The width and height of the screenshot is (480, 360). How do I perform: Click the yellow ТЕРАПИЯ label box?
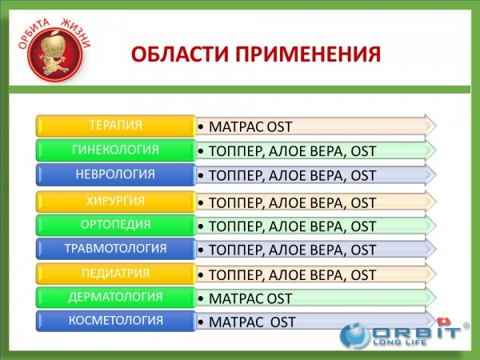(x=116, y=126)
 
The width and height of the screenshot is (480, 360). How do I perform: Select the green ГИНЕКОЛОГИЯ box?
(x=116, y=150)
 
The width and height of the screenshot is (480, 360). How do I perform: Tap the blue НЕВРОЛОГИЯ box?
(x=116, y=174)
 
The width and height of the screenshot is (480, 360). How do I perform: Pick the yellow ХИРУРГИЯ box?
(x=116, y=202)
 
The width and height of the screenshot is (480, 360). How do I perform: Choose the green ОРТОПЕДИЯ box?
(x=116, y=225)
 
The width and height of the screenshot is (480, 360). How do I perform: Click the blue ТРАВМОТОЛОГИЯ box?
(x=116, y=249)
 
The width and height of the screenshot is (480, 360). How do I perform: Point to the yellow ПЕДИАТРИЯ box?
(x=116, y=274)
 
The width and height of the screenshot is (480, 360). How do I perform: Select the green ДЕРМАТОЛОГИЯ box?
(x=116, y=297)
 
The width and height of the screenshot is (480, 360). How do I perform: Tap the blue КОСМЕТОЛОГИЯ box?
(x=116, y=321)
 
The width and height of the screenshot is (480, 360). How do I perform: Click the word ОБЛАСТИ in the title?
(x=180, y=54)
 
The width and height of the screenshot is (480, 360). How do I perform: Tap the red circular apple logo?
(x=55, y=55)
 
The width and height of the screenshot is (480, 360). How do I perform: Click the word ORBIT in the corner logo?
(x=417, y=333)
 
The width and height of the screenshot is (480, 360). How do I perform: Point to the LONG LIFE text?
(x=400, y=342)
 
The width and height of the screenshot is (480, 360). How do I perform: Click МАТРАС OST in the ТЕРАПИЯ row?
(x=250, y=126)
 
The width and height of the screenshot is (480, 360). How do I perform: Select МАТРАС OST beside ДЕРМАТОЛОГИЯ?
(x=250, y=298)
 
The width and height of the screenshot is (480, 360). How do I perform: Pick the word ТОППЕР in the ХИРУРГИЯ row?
(x=235, y=203)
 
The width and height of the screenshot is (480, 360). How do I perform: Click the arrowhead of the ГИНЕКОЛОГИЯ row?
(x=430, y=150)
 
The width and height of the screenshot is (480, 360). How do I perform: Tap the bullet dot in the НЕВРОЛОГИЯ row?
(x=201, y=176)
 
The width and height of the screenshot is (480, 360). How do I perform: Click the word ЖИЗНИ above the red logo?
(x=76, y=33)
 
